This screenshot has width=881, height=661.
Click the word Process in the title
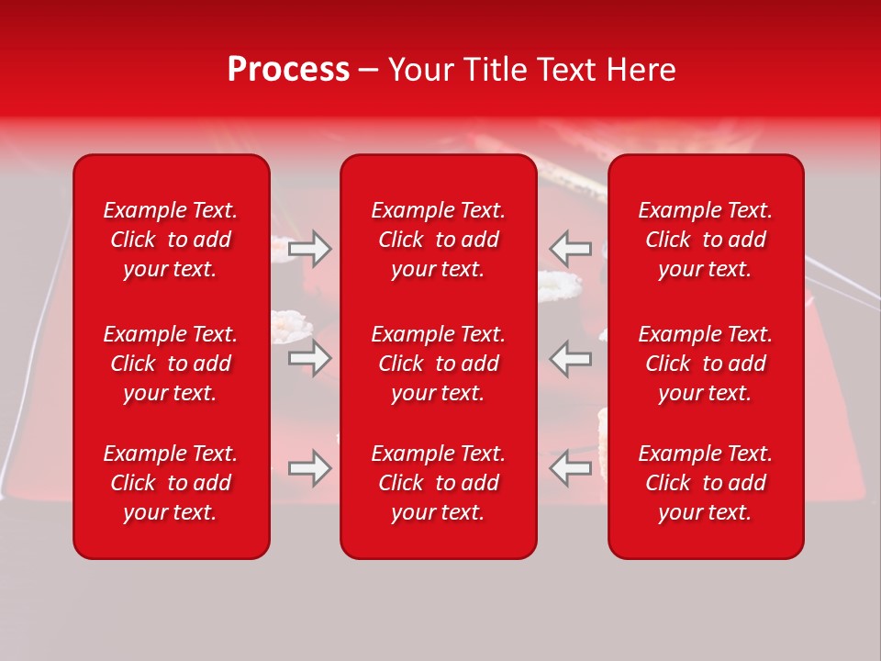288,70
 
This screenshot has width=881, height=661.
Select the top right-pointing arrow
310,249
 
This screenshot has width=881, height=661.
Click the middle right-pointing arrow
310,358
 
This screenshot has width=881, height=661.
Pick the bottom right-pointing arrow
310,468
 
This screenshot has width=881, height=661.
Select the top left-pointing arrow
571,249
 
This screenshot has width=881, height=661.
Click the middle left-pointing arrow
571,358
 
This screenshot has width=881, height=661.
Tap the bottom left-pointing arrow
571,468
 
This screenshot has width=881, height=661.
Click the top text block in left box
171,240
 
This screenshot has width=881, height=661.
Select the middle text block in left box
171,364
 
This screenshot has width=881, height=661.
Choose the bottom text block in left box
171,483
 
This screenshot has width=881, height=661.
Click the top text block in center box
439,240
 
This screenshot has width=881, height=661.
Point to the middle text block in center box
439,364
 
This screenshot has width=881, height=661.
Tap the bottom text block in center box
439,483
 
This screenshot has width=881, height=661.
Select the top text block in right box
706,240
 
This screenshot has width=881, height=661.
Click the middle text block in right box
706,364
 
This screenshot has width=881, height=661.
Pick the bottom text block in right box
706,483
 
